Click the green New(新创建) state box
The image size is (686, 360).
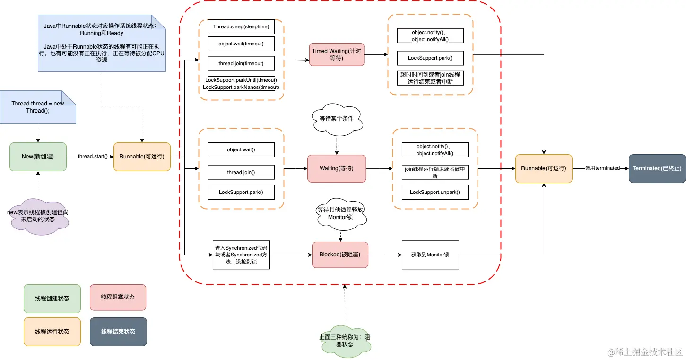click(37, 156)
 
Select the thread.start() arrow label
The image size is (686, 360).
click(93, 156)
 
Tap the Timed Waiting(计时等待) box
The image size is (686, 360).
click(337, 54)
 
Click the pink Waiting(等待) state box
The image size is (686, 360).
click(336, 168)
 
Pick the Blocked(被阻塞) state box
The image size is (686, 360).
click(339, 255)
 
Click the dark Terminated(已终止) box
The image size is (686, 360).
click(657, 168)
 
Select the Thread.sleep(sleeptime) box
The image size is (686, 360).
click(241, 26)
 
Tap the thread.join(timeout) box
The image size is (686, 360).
click(241, 63)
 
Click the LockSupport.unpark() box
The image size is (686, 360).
click(434, 192)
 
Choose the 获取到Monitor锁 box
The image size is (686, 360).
click(430, 255)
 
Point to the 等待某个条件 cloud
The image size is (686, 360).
click(336, 119)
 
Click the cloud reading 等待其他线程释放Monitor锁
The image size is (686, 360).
click(340, 213)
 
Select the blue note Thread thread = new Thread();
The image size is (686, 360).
click(37, 107)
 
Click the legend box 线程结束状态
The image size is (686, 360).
click(118, 332)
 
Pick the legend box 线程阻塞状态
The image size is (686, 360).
click(117, 297)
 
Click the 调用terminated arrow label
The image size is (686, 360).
click(602, 168)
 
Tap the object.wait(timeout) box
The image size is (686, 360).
click(241, 44)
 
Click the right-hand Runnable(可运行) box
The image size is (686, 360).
click(543, 168)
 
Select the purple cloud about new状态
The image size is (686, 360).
click(37, 216)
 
